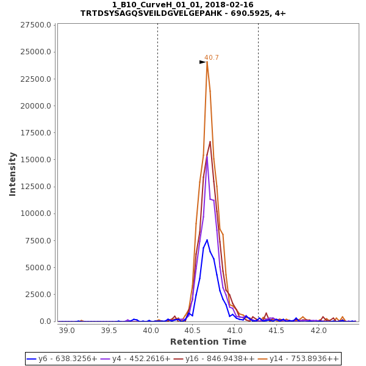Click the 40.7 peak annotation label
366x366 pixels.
212,57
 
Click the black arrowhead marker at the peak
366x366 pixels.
203,62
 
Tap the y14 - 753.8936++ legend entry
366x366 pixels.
298,359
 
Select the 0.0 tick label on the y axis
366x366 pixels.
45,321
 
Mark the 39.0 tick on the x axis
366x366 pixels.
67,330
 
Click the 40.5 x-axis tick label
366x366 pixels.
193,330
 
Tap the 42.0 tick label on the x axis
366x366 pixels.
319,330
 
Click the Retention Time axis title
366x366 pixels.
208,342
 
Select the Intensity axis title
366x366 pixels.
13,174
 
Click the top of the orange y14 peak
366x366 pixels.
207,62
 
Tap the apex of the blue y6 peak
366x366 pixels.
207,240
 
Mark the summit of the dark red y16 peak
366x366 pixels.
210,142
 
